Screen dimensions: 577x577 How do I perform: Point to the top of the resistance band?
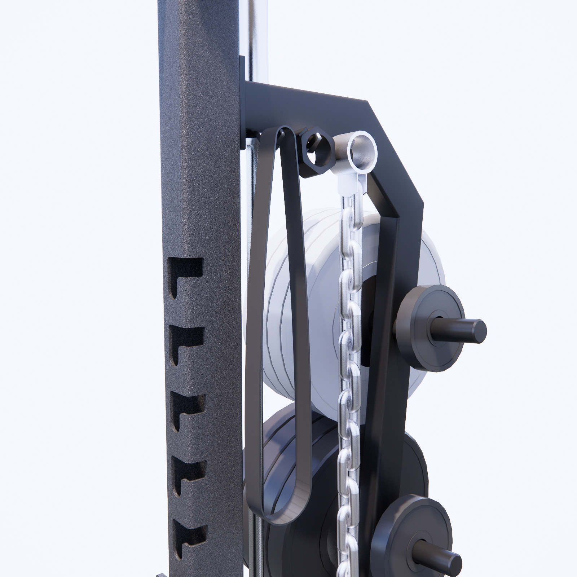pyautogui.click(x=281, y=132)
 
